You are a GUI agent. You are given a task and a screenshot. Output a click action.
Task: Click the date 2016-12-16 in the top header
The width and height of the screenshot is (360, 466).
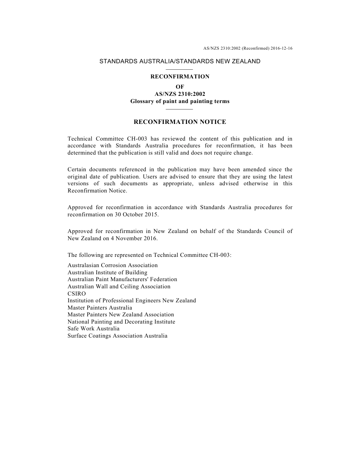(282, 48)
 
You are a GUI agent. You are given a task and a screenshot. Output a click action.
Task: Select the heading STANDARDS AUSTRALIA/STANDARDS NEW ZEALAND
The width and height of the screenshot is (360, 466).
(180, 61)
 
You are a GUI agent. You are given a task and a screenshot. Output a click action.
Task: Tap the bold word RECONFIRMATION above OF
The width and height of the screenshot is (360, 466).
(180, 77)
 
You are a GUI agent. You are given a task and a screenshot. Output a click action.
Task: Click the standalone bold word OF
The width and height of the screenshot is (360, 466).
(180, 87)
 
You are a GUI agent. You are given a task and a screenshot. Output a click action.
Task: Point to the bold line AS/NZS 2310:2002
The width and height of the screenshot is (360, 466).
(180, 94)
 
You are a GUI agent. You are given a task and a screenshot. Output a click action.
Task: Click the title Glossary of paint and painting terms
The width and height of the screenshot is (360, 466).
(180, 101)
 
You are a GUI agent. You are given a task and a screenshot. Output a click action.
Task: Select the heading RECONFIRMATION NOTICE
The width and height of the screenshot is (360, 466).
(180, 122)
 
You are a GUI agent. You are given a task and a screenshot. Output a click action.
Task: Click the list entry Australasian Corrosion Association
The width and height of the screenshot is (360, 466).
(113, 265)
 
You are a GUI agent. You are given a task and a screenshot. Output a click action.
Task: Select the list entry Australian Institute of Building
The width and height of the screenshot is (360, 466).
(107, 272)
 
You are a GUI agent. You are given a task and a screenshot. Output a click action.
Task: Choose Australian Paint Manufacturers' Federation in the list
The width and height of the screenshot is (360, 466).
(122, 279)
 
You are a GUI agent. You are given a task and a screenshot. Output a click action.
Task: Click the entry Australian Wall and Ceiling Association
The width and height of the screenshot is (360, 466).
(119, 286)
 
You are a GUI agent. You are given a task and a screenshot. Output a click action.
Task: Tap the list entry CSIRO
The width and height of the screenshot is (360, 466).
(77, 294)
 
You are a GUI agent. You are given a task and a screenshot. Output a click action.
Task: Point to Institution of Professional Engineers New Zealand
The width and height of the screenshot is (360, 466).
(131, 300)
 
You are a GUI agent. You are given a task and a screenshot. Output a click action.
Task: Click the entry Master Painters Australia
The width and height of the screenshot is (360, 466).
(100, 308)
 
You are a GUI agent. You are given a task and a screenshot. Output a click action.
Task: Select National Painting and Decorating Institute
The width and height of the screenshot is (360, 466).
(121, 322)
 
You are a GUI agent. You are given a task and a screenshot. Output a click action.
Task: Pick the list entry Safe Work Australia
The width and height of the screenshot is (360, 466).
(93, 328)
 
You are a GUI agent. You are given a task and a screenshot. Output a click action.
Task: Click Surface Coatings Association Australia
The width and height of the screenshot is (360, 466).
(117, 336)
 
